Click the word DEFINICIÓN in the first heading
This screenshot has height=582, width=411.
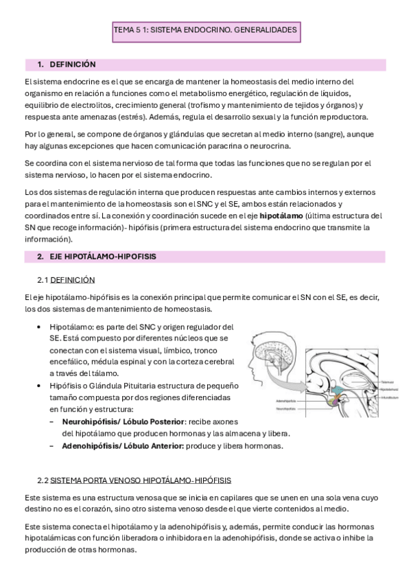click(73, 65)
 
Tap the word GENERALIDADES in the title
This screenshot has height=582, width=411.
click(264, 31)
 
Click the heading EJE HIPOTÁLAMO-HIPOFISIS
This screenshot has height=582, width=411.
click(103, 257)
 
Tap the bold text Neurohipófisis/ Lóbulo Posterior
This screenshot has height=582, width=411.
click(124, 421)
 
